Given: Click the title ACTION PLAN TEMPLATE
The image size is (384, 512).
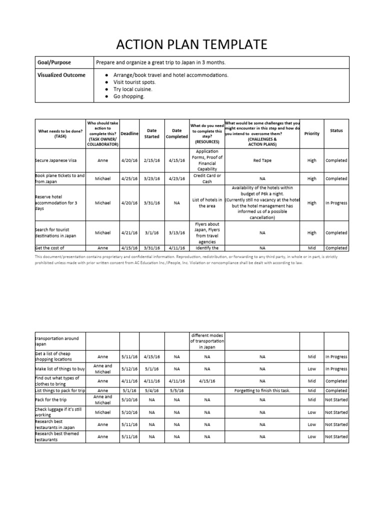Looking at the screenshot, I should click(x=191, y=44).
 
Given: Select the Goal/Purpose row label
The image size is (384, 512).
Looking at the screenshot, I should click(x=54, y=62).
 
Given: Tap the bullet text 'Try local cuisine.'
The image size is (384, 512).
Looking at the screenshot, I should click(x=132, y=89).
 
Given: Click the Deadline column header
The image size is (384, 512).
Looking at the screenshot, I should click(x=129, y=133).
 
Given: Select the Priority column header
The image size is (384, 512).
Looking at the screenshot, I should click(x=311, y=133).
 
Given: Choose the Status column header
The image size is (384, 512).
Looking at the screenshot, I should click(x=336, y=130).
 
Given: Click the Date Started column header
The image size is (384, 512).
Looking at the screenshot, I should click(x=151, y=133).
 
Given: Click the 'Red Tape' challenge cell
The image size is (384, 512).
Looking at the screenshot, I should click(x=262, y=160).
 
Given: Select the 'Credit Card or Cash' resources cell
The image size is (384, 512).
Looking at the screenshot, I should click(x=206, y=178).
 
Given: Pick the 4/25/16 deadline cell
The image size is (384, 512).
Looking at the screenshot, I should click(x=129, y=178).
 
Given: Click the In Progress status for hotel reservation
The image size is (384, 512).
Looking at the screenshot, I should click(x=336, y=203).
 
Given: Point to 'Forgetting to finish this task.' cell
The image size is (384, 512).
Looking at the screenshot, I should click(x=262, y=390).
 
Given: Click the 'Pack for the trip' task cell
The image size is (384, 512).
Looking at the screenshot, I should click(x=50, y=400).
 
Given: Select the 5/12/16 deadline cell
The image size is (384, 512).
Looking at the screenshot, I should click(x=129, y=369).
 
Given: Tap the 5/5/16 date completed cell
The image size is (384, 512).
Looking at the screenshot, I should click(x=177, y=390).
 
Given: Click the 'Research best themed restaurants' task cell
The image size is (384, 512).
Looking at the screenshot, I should click(x=58, y=436).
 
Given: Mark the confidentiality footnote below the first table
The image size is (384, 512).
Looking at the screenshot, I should click(x=191, y=259).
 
